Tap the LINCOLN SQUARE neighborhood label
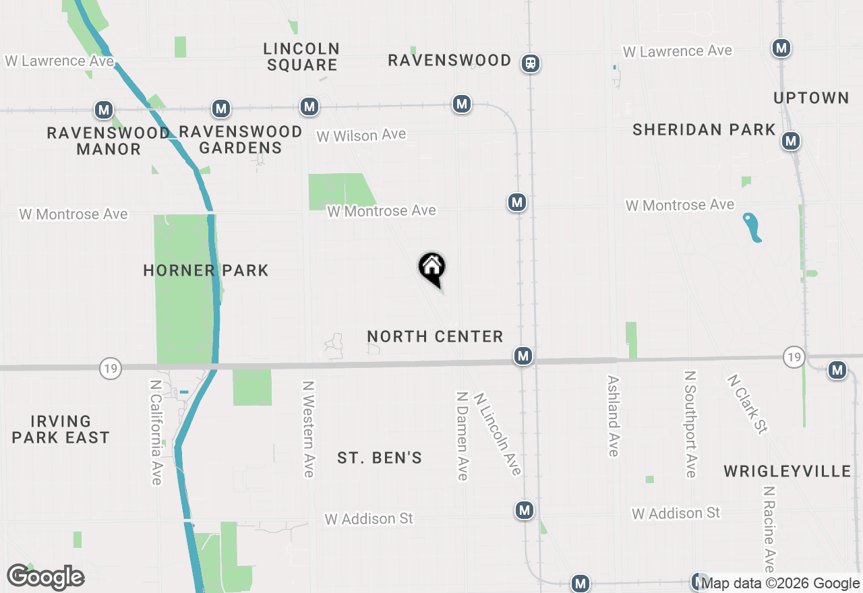pyautogui.click(x=301, y=57)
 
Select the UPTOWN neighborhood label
pyautogui.click(x=811, y=98)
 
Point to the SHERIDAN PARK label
pyautogui.click(x=704, y=129)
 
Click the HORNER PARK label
pyautogui.click(x=206, y=270)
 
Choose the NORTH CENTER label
pyautogui.click(x=435, y=336)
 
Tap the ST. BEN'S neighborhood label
pyautogui.click(x=380, y=458)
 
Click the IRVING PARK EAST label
pyautogui.click(x=61, y=429)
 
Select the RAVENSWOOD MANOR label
pyautogui.click(x=108, y=141)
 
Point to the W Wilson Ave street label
pyautogui.click(x=361, y=135)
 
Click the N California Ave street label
pyautogui.click(x=156, y=431)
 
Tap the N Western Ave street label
pyautogui.click(x=308, y=429)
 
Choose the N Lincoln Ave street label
pyautogui.click(x=498, y=434)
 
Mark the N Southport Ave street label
pyautogui.click(x=690, y=424)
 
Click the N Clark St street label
pyautogui.click(x=747, y=404)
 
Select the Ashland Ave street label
pyautogui.click(x=613, y=416)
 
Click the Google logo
pyautogui.click(x=46, y=577)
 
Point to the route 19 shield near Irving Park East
pyautogui.click(x=110, y=368)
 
